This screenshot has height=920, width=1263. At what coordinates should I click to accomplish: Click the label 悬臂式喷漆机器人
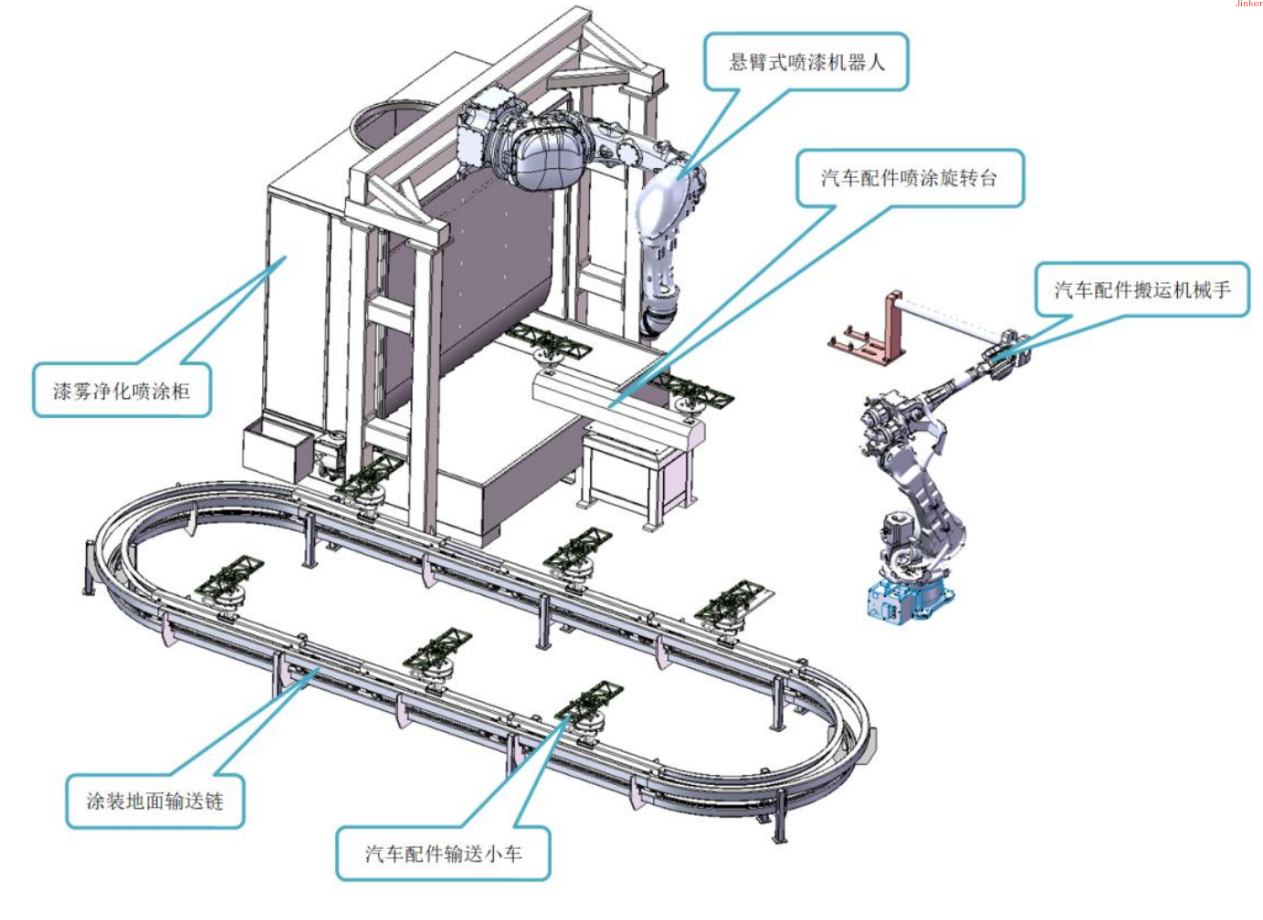point(805,62)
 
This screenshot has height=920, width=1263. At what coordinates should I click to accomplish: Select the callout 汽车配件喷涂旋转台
point(909,178)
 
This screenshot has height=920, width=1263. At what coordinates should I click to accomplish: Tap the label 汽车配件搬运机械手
point(1142,290)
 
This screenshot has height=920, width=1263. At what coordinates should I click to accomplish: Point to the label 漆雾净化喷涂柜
point(121,392)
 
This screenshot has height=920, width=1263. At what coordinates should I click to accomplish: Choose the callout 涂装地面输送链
point(154,801)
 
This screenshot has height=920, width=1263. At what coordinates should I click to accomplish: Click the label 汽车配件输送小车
point(443,853)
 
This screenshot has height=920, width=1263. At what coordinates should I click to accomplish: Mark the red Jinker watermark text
point(1248,5)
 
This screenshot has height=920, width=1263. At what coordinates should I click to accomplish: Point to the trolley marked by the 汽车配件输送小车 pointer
point(589,707)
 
